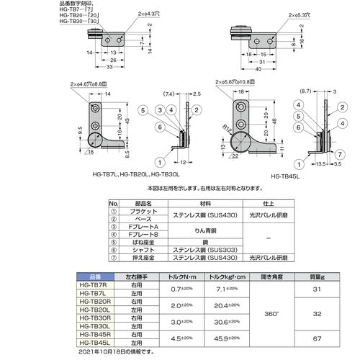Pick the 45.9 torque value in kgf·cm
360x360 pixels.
tap(214, 338)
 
